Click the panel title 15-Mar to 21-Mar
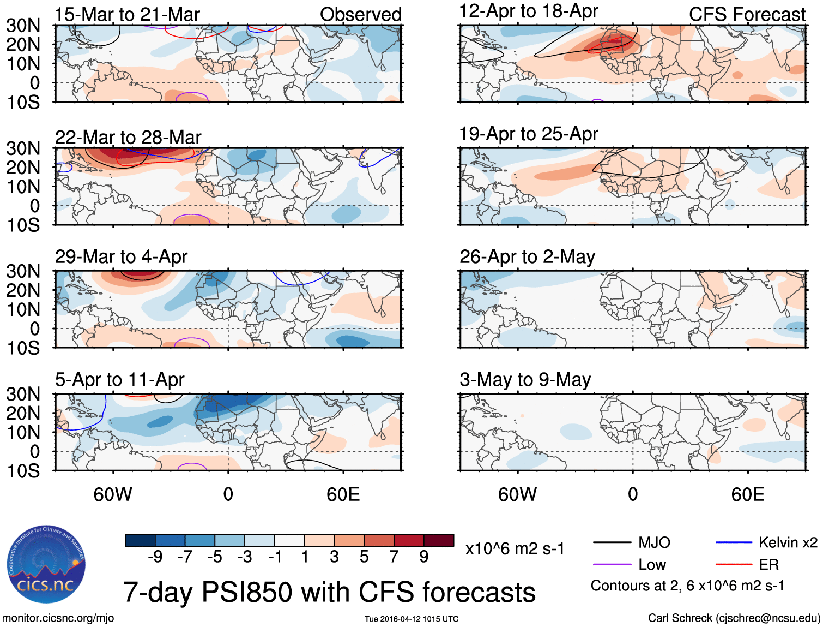(x=127, y=15)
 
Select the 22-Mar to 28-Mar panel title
(x=128, y=138)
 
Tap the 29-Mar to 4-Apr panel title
(x=121, y=256)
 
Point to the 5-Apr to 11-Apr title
(x=119, y=379)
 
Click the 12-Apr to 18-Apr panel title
(x=529, y=11)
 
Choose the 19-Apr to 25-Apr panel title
(x=529, y=134)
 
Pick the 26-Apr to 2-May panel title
(x=527, y=256)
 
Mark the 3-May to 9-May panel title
(x=525, y=379)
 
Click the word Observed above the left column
(x=360, y=15)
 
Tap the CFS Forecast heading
(x=747, y=15)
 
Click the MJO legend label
(x=654, y=542)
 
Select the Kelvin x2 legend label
(x=788, y=542)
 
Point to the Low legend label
(x=652, y=565)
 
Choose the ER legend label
(x=768, y=565)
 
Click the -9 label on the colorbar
(x=155, y=557)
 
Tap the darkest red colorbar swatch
(x=439, y=540)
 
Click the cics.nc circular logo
(x=46, y=564)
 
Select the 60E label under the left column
(x=343, y=494)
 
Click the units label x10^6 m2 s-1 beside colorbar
(x=515, y=548)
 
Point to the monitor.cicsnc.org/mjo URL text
(x=58, y=618)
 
